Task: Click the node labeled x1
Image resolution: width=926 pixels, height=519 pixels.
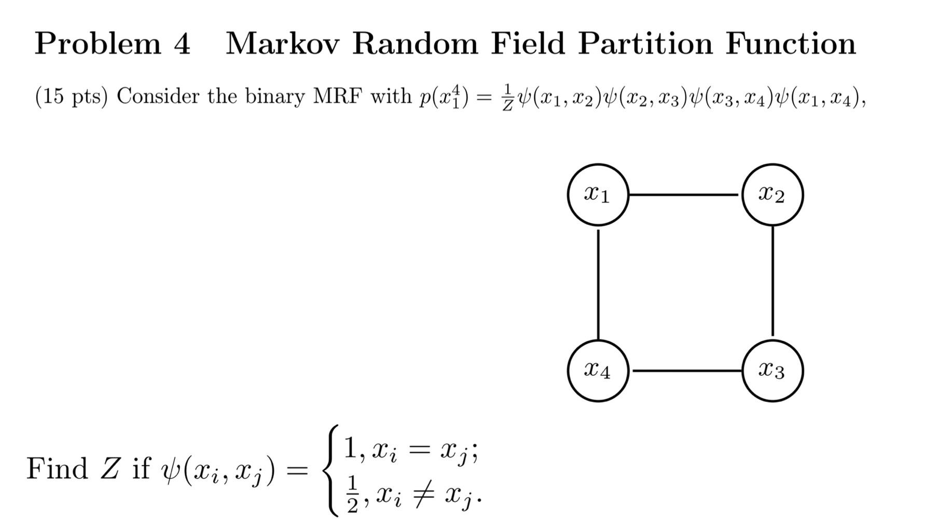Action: coord(598,195)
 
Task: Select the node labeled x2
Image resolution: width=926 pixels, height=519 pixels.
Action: coord(772,195)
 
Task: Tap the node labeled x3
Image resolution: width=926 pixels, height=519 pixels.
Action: coord(772,371)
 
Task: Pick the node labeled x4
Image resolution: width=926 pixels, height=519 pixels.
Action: coord(598,371)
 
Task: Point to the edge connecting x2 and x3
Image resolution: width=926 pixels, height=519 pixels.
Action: coord(772,283)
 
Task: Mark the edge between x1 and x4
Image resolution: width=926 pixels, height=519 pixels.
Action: coord(598,283)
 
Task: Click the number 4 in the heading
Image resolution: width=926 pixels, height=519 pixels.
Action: coord(182,44)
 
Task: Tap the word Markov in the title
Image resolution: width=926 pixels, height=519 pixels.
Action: coord(282,44)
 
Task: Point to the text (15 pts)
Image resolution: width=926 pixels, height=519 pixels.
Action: coord(71,97)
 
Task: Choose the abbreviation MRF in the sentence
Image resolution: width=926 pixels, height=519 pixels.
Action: coord(337,97)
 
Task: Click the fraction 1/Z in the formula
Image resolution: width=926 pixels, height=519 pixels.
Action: coord(508,97)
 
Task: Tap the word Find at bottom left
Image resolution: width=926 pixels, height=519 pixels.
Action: coord(57,469)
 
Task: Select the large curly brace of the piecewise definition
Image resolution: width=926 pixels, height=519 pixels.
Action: coord(330,470)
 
